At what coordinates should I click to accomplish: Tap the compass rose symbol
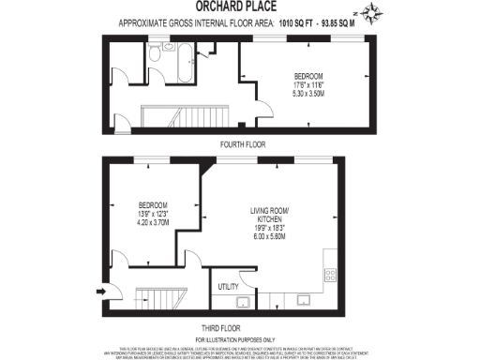374,12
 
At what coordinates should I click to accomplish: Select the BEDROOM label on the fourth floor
308,75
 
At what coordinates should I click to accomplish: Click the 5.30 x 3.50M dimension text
308,93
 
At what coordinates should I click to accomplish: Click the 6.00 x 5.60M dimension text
271,235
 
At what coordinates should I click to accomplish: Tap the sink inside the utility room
240,303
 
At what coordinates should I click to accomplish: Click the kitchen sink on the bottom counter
305,303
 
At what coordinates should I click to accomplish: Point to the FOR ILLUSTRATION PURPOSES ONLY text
239,337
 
